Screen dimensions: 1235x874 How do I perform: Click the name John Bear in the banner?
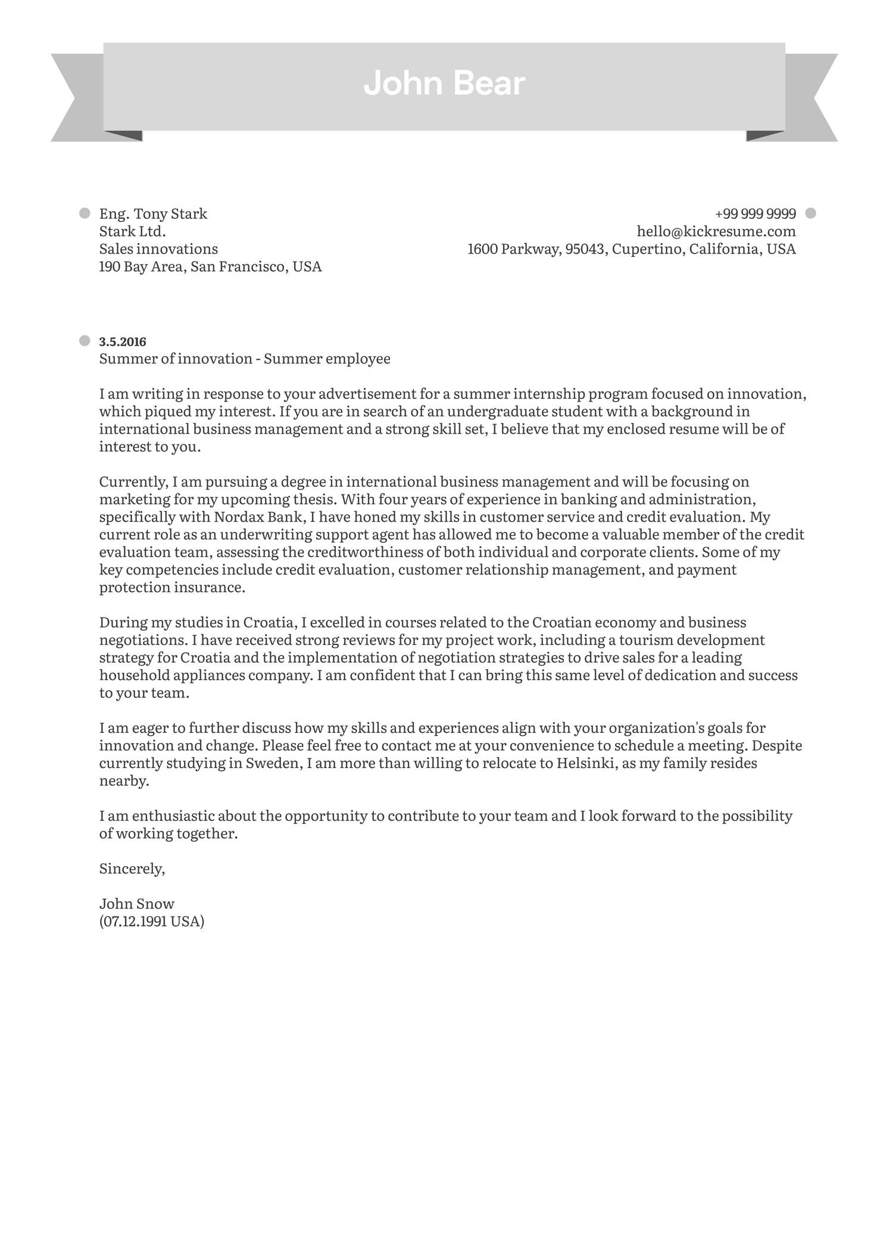point(444,83)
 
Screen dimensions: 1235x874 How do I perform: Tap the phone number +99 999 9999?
point(755,214)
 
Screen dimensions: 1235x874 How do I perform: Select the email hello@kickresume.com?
point(716,231)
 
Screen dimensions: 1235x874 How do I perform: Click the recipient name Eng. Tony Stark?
point(153,214)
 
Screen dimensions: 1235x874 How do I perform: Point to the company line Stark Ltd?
point(132,231)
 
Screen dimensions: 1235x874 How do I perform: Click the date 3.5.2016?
point(123,341)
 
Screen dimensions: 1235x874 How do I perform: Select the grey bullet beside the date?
point(85,340)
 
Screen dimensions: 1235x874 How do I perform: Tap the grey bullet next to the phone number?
point(810,213)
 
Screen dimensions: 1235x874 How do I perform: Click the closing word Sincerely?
point(131,869)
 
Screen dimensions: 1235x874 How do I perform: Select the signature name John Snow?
point(137,904)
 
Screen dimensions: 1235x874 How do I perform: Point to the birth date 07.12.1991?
point(135,921)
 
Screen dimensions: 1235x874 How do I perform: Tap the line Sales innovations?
point(158,249)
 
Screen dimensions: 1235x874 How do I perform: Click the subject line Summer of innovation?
point(176,359)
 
